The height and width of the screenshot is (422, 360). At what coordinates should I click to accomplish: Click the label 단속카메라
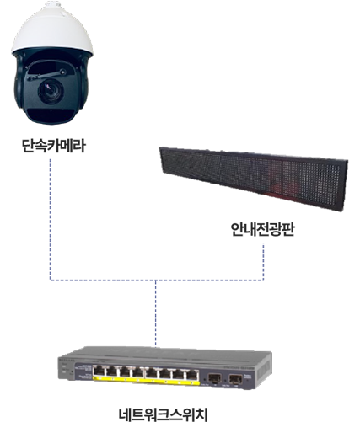click(x=53, y=146)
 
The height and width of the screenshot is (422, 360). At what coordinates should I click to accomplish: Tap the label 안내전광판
click(x=262, y=229)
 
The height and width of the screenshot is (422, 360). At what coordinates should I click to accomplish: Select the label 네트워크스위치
click(x=163, y=414)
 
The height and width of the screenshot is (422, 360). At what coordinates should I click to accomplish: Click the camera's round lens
click(x=51, y=90)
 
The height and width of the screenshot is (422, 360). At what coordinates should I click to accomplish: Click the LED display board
click(x=254, y=179)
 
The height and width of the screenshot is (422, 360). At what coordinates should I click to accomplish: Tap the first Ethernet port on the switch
click(x=99, y=371)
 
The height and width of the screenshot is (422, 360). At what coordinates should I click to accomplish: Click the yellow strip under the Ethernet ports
click(x=146, y=381)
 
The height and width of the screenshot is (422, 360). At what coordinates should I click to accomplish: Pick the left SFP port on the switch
click(x=214, y=378)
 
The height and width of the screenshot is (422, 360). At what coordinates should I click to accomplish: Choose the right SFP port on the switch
click(x=235, y=380)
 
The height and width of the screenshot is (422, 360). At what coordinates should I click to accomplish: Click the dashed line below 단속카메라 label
click(x=51, y=219)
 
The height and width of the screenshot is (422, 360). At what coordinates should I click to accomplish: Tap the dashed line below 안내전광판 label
click(x=263, y=261)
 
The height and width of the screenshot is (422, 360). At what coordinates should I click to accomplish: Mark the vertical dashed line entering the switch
click(x=155, y=313)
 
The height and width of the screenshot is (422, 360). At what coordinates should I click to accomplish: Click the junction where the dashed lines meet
click(x=155, y=280)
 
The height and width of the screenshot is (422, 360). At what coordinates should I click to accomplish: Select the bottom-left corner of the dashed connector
click(x=51, y=280)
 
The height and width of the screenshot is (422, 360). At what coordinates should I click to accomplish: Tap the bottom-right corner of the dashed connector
click(x=263, y=280)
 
